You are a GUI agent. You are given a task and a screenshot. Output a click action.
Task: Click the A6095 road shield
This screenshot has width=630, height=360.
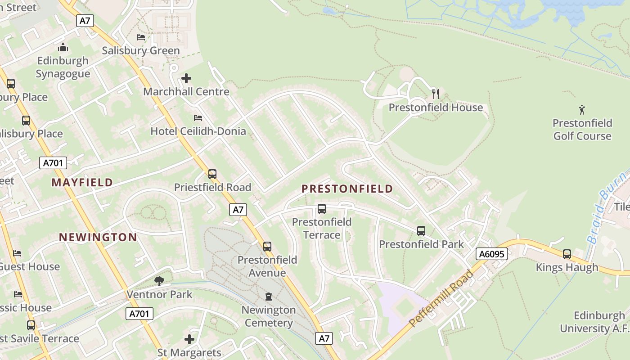(491, 254)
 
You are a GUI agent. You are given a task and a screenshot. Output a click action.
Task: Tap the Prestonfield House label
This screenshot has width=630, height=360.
(436, 108)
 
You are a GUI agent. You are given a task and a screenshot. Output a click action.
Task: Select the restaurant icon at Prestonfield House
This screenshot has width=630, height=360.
(435, 94)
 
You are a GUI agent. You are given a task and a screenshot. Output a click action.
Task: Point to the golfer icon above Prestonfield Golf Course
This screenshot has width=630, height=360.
(582, 109)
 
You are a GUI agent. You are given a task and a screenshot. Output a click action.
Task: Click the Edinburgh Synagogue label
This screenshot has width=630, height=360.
(63, 67)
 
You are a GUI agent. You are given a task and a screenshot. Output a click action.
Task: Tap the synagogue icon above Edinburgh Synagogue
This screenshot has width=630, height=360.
(63, 47)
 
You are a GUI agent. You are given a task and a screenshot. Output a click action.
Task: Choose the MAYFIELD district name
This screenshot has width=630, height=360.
(82, 182)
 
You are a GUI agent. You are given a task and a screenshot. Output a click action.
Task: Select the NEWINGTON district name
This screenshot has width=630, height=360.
(98, 237)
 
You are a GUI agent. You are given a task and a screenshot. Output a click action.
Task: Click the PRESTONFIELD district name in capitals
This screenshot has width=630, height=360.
(347, 189)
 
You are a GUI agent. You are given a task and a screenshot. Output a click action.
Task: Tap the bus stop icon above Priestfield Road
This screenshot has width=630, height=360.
(212, 174)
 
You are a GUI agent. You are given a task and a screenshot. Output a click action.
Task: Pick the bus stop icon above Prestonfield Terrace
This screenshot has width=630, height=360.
(321, 209)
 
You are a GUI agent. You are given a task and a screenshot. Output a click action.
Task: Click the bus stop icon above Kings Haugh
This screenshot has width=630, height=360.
(567, 254)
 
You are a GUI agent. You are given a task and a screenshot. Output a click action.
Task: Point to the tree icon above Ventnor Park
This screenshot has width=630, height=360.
(159, 281)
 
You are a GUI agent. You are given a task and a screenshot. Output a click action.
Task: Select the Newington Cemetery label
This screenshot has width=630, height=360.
(269, 316)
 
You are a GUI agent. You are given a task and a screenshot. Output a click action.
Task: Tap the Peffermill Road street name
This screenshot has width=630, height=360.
(441, 298)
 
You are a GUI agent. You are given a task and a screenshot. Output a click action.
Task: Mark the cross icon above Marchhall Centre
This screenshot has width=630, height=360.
(186, 79)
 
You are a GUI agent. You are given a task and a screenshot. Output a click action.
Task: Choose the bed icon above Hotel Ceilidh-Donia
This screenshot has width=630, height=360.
(198, 118)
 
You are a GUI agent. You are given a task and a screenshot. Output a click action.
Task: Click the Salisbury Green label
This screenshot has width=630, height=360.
(141, 50)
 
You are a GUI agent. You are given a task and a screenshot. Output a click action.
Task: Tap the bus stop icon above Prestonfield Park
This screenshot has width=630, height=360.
(421, 231)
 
